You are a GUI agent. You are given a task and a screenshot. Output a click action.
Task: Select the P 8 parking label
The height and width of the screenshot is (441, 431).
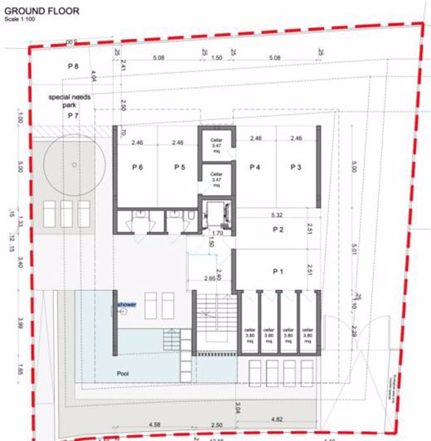pyautogui.click(x=73, y=65)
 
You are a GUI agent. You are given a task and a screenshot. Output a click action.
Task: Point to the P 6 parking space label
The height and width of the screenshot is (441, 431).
pyautogui.click(x=138, y=167)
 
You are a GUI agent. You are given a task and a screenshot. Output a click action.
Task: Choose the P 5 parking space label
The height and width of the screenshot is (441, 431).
pyautogui.click(x=178, y=167)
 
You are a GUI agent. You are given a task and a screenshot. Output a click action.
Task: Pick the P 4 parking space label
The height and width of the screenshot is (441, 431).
pyautogui.click(x=255, y=167)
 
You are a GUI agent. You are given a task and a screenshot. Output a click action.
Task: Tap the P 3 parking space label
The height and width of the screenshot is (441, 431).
pyautogui.click(x=295, y=167)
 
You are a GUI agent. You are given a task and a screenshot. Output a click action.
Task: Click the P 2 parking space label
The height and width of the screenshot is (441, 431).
pyautogui.click(x=278, y=230)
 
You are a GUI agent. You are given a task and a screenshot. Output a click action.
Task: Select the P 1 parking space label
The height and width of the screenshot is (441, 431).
pyautogui.click(x=278, y=271)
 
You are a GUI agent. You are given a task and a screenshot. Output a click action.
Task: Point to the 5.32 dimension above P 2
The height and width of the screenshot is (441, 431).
pyautogui.click(x=277, y=213)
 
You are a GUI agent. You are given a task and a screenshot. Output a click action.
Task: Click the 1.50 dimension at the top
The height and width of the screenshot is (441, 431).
pyautogui.click(x=217, y=59)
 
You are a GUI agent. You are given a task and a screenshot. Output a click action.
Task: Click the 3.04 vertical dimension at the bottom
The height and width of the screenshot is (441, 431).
pyautogui.click(x=238, y=406)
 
